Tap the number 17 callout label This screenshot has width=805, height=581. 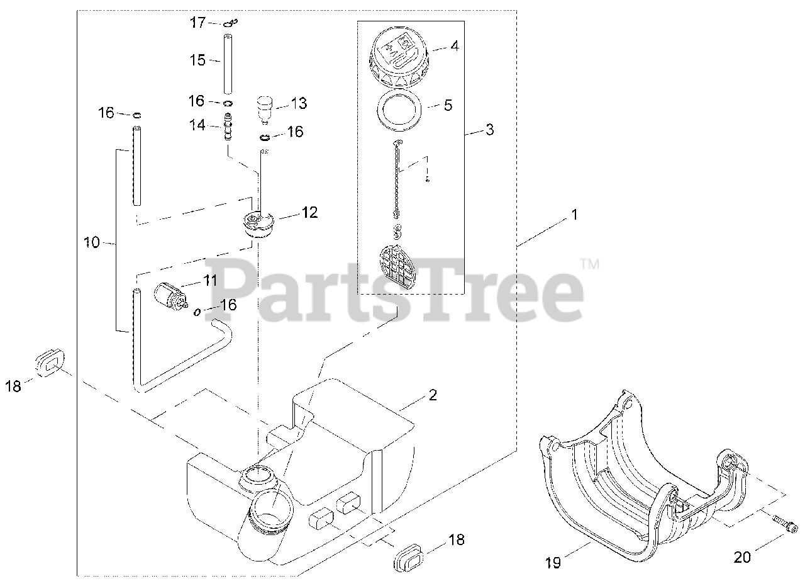click(198, 23)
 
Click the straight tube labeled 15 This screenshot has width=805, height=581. click(228, 63)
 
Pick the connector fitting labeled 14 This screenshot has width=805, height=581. click(228, 126)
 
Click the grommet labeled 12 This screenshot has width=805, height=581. click(258, 223)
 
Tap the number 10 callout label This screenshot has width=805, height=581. click(92, 242)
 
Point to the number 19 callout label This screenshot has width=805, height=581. click(553, 562)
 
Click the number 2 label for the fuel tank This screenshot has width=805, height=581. click(432, 395)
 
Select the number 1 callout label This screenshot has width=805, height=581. click(574, 215)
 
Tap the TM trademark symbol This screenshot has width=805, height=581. click(589, 264)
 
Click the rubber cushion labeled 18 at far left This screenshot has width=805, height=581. click(50, 364)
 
